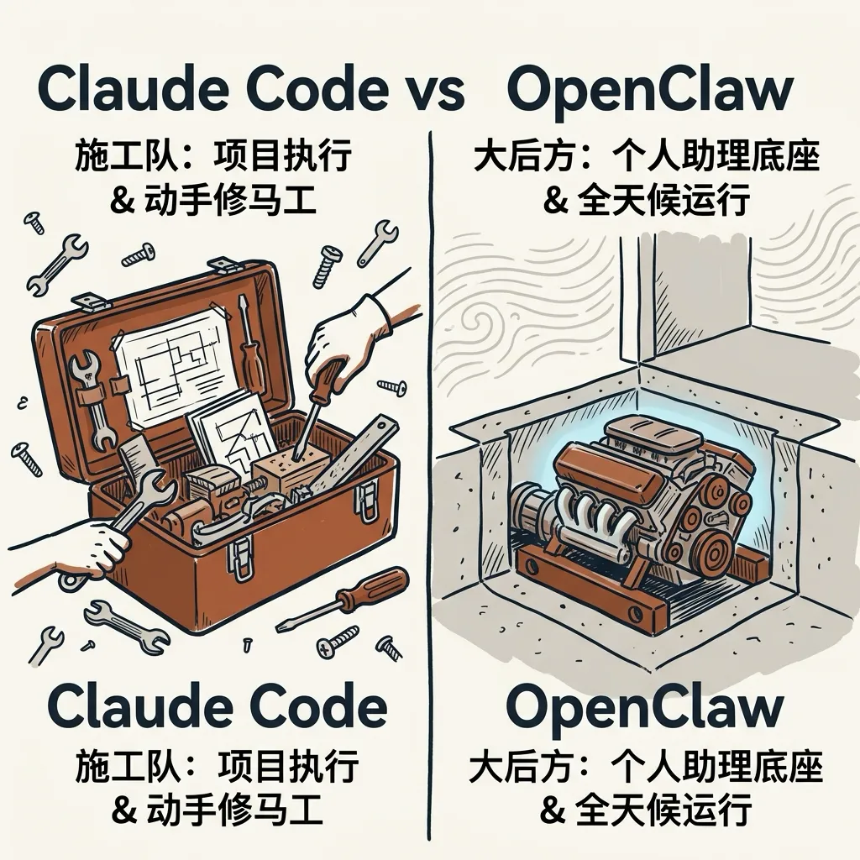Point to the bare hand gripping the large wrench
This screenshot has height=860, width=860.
pos(97,550)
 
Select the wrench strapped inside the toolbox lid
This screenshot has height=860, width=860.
pos(92,395)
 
